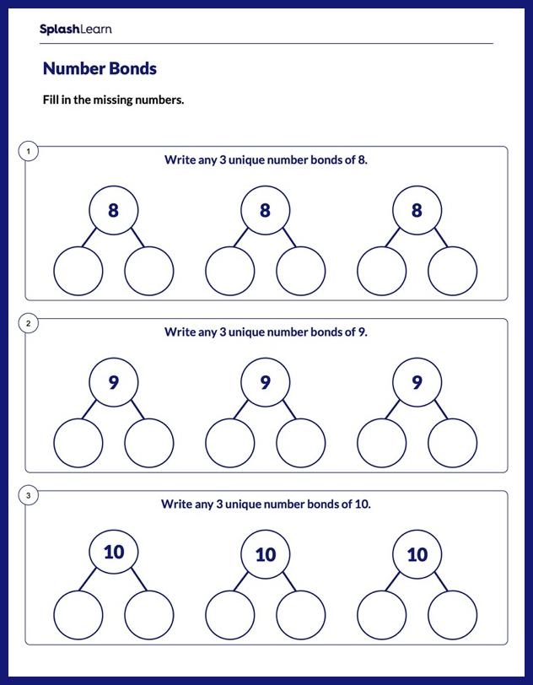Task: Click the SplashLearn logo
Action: [75, 30]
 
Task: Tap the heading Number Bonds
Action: [100, 69]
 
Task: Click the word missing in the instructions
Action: [112, 100]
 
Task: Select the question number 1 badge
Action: [29, 152]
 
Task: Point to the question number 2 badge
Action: [29, 324]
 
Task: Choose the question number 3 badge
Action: [29, 496]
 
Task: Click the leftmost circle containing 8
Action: [113, 210]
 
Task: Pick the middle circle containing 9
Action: [265, 383]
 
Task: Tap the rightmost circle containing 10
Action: [417, 554]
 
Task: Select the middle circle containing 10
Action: [265, 554]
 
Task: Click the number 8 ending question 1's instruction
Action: [362, 159]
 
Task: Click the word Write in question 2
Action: [179, 332]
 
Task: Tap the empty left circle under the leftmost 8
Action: [78, 272]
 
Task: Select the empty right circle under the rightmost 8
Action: [452, 272]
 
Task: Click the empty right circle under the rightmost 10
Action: [452, 615]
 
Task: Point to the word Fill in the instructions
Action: [52, 100]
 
